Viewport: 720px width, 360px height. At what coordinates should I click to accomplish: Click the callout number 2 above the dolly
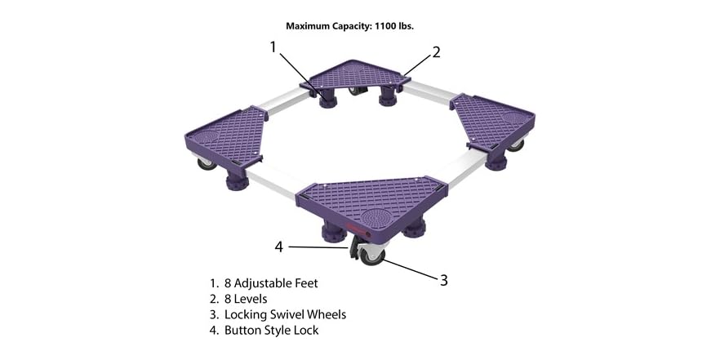click(x=437, y=52)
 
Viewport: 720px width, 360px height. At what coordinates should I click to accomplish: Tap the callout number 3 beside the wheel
click(x=443, y=280)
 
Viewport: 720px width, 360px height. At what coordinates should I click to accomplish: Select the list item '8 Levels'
click(x=246, y=299)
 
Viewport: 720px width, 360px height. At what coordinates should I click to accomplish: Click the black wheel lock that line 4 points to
click(x=357, y=246)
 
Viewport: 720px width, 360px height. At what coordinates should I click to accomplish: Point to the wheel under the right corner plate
click(x=516, y=144)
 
